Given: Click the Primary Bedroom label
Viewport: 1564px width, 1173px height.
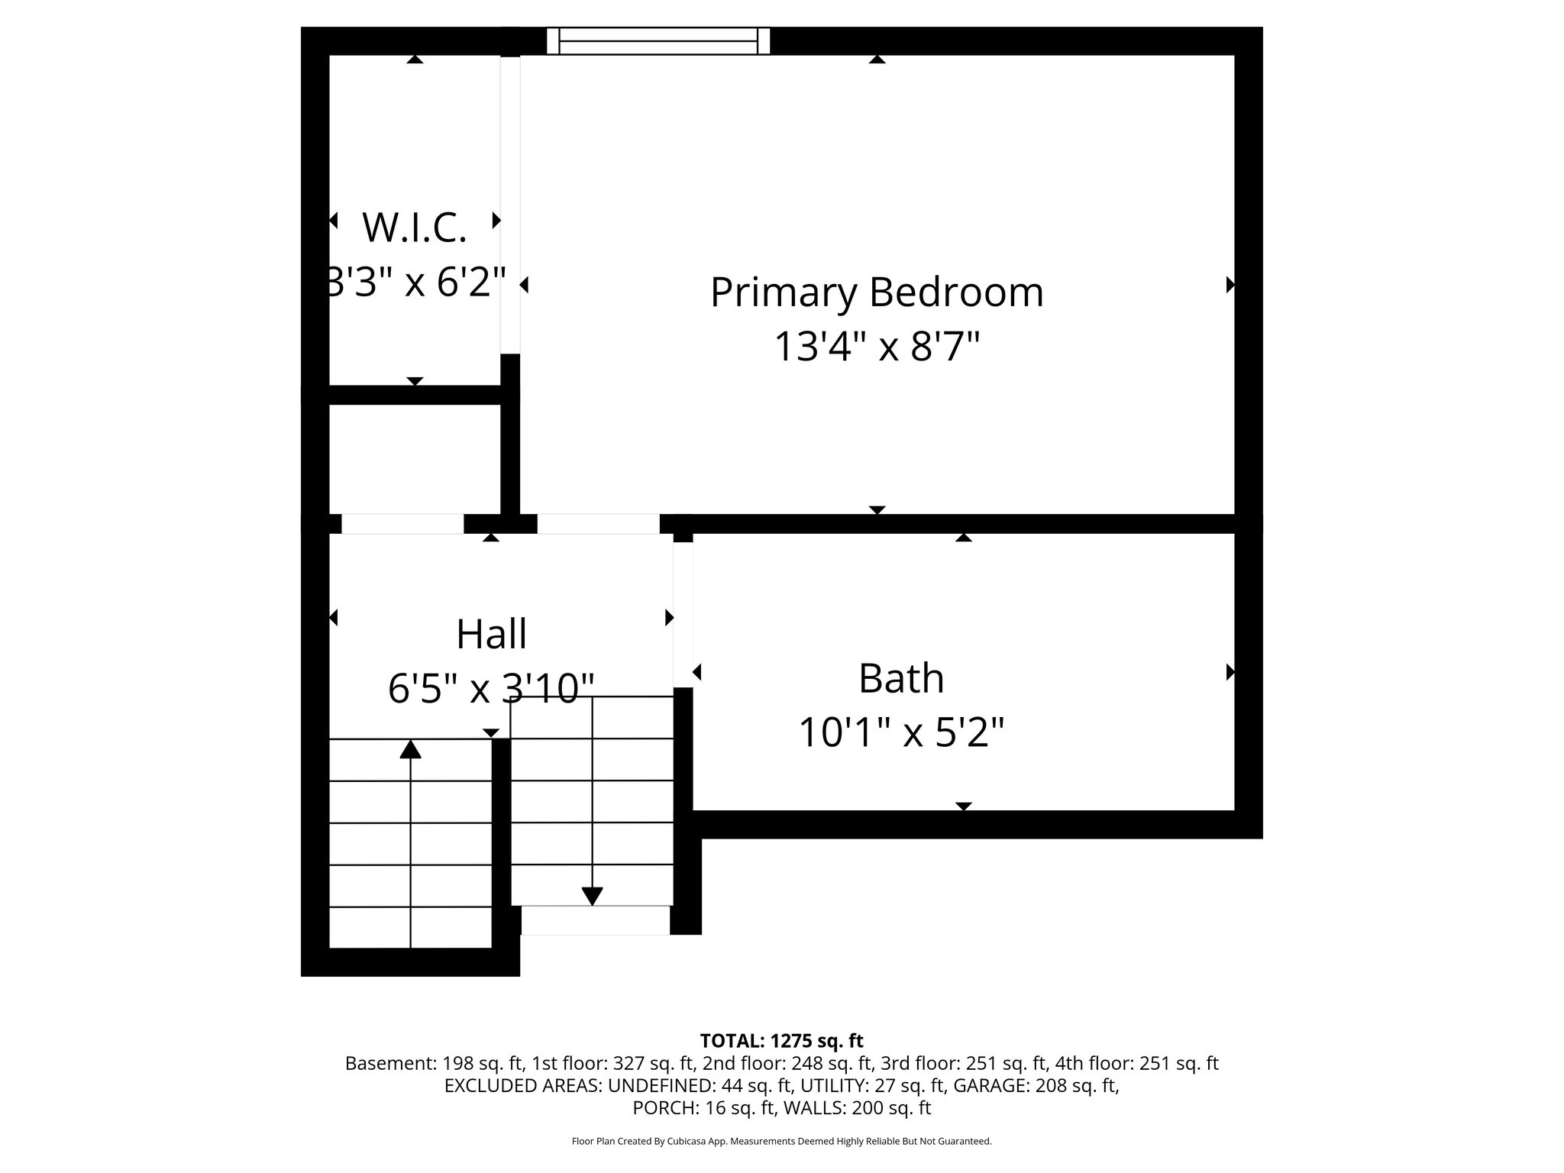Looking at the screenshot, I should (x=877, y=292).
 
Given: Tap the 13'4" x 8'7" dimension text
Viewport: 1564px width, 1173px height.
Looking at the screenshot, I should (x=877, y=347).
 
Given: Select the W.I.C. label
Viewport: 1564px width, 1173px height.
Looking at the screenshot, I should (x=414, y=228).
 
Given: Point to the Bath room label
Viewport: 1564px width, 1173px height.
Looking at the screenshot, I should (x=901, y=678).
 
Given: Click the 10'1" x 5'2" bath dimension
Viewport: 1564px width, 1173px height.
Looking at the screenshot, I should (x=901, y=733).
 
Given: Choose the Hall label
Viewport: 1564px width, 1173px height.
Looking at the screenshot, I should (x=491, y=634).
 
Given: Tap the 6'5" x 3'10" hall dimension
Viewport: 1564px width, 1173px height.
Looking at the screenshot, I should (x=491, y=689).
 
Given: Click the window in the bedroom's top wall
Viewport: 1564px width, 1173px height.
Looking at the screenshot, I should (x=658, y=40).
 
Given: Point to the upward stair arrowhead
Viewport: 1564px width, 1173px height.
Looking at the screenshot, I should (x=411, y=749).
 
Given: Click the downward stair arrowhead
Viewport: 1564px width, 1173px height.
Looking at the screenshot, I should (x=593, y=896).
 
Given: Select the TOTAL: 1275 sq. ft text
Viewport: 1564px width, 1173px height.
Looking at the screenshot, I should (x=781, y=1040).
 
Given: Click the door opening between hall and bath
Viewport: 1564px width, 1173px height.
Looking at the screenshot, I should (x=683, y=615).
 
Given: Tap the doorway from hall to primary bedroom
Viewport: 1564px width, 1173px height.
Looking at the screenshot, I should (x=598, y=524).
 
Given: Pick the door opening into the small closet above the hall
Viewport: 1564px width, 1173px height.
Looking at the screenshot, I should (x=402, y=524).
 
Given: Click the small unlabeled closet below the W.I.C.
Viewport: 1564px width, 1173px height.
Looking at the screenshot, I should (x=414, y=458).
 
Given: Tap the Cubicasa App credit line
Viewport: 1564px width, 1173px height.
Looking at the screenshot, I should (x=781, y=1141).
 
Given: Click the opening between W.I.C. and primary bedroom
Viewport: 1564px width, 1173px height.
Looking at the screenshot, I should (x=510, y=205).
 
